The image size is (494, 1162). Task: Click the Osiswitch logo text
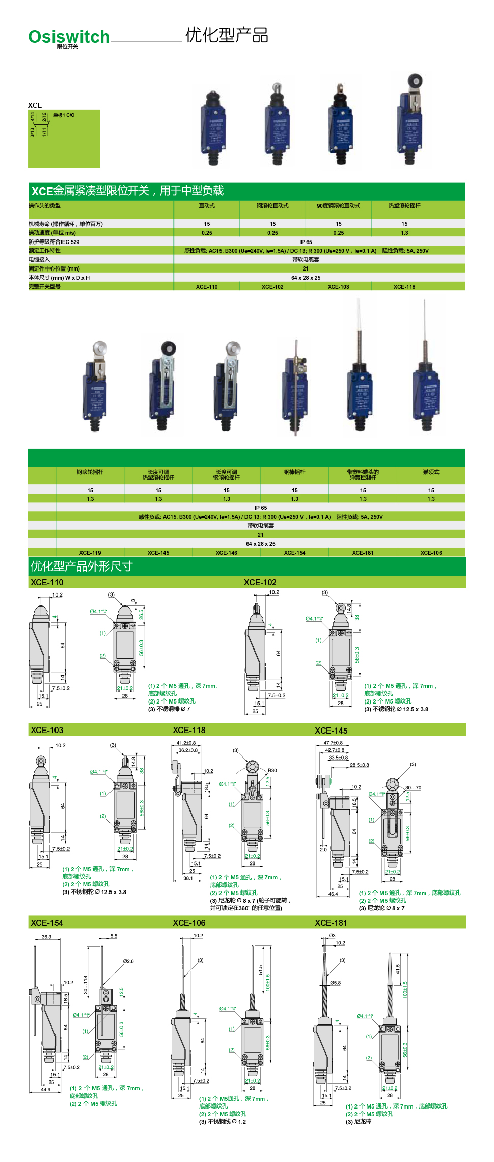coord(69,37)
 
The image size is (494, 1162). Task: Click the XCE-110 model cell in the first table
coord(207,287)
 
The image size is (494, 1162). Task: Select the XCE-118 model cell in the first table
coord(404,287)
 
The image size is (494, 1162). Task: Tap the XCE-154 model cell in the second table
coord(294,553)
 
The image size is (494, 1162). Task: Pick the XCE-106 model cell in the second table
coord(431,553)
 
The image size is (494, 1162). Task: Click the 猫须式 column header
coord(431,472)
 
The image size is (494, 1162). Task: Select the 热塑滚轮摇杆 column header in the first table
coord(404,206)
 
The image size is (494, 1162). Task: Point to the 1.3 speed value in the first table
coord(404,233)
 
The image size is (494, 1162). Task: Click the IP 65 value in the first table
coord(306,242)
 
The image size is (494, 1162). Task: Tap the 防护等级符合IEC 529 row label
coord(54,242)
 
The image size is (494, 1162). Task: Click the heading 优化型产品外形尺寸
coord(81,566)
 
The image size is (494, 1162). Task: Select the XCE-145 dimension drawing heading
coord(331,731)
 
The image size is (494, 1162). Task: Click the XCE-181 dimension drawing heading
coord(331,923)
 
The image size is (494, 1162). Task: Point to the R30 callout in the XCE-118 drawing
coord(272,771)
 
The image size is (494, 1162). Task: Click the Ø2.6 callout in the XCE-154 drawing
coord(128,961)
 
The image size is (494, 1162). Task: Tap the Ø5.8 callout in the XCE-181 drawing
coord(335,983)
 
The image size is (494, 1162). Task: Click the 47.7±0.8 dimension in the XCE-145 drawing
coord(333,743)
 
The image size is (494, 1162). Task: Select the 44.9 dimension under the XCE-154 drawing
coord(46,1089)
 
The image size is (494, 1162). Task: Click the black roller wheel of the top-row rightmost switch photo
coord(415,81)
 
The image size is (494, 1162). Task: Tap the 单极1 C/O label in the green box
coord(64,115)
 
